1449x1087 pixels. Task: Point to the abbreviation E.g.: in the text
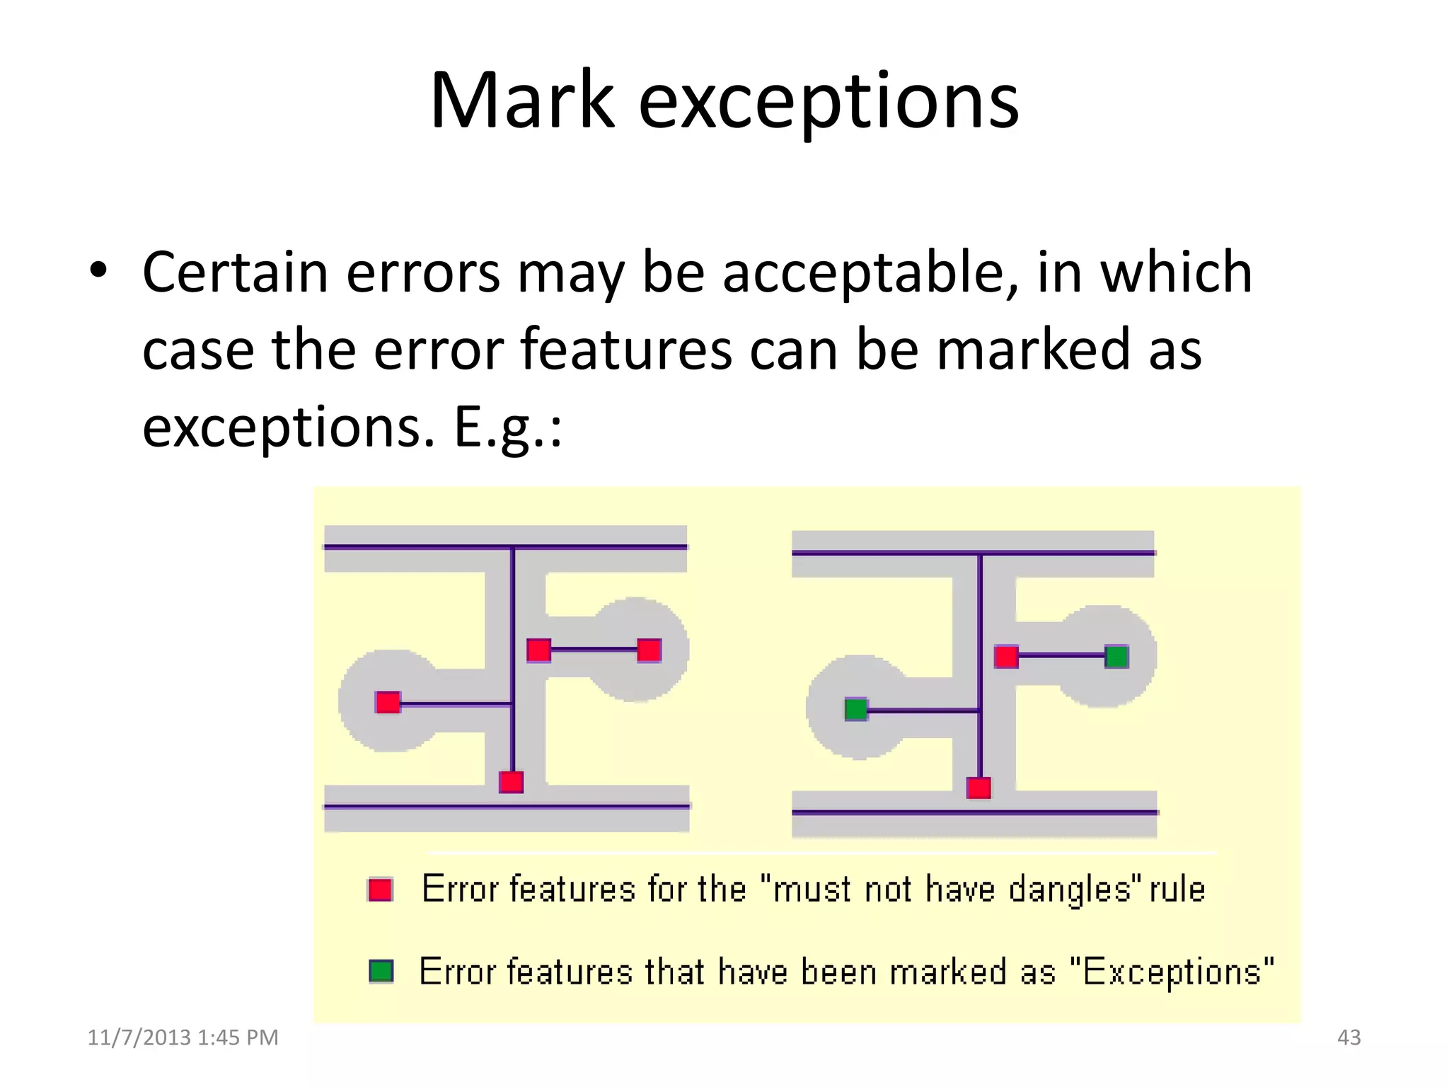click(x=507, y=427)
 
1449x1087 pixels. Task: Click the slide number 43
click(x=1349, y=1037)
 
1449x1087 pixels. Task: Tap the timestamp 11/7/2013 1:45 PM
click(x=183, y=1037)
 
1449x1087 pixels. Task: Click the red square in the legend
click(x=381, y=889)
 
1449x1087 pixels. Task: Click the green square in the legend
click(x=381, y=971)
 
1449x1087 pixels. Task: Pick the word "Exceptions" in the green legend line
click(x=1172, y=972)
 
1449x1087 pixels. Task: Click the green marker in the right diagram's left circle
click(x=856, y=708)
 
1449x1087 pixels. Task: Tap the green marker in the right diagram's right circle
click(x=1116, y=657)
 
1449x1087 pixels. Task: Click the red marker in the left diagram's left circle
click(x=388, y=703)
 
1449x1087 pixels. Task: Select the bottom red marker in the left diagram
click(x=511, y=782)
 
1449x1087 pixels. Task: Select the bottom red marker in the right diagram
click(x=978, y=788)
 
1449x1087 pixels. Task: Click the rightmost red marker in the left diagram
click(x=649, y=650)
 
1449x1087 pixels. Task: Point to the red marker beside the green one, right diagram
click(x=1006, y=657)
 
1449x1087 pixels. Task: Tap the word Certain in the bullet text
click(x=235, y=273)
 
